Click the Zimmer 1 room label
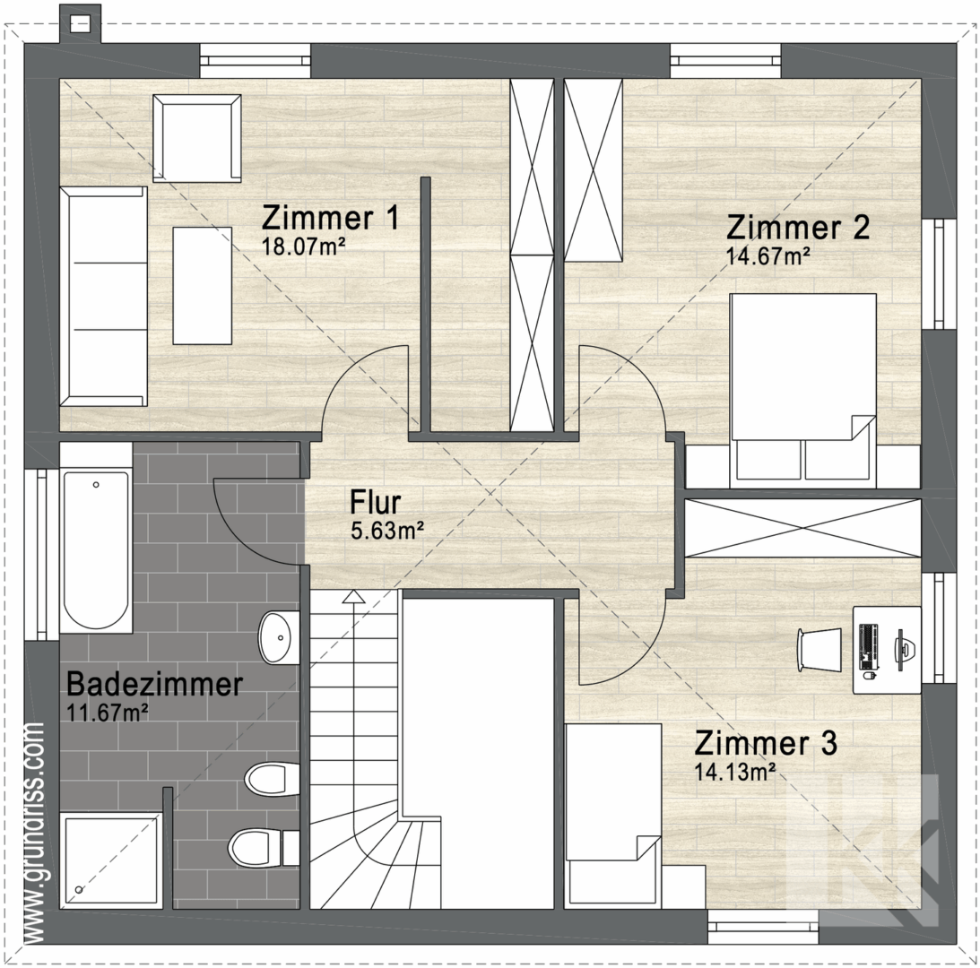(330, 218)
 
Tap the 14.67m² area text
(768, 256)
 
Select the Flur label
(375, 502)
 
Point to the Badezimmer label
(154, 684)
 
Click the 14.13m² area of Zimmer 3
(735, 773)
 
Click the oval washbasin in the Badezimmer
(275, 637)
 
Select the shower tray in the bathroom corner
(111, 860)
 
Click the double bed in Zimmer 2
(802, 390)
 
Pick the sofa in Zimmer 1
(104, 296)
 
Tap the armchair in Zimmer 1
(197, 138)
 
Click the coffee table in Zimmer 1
(203, 286)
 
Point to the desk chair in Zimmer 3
(820, 650)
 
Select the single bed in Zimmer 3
(612, 817)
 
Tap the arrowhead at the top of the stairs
(354, 597)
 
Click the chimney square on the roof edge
(80, 24)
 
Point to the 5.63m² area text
(387, 531)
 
